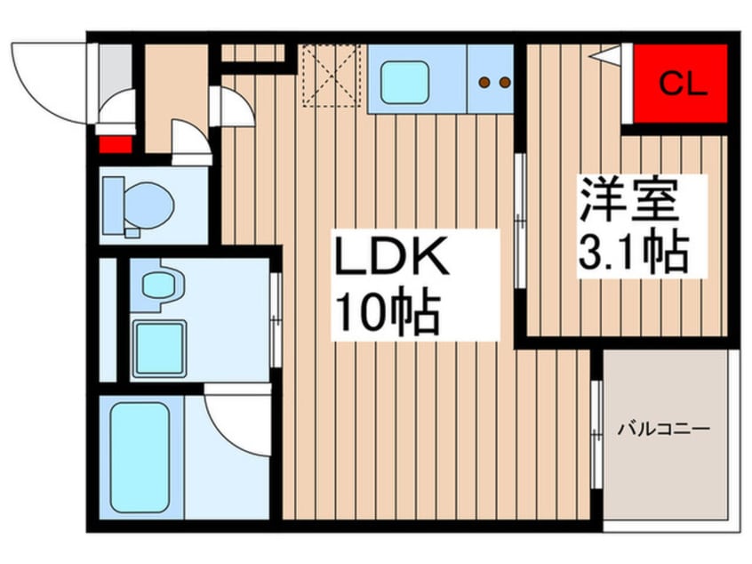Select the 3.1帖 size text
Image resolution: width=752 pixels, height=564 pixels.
[x=635, y=253]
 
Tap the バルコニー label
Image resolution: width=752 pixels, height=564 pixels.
[x=664, y=430]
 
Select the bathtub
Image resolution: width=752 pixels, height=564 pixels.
[x=140, y=456]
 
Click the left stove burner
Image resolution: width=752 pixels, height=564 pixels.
[x=484, y=83]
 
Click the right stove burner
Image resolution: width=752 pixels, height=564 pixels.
[x=505, y=83]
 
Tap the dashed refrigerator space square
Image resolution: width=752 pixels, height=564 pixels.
[x=330, y=75]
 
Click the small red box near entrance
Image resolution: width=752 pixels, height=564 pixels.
[x=114, y=143]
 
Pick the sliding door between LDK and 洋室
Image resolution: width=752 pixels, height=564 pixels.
[x=520, y=221]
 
